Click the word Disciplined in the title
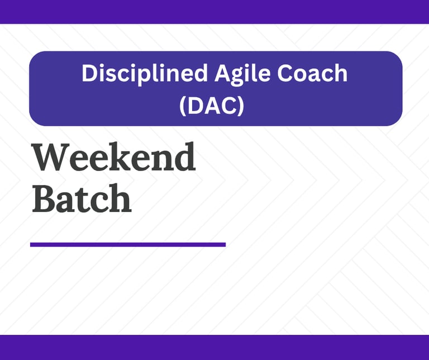coord(144,74)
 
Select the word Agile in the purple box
coord(242,74)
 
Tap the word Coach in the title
coord(312,73)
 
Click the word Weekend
coord(114,157)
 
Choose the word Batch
coord(82,198)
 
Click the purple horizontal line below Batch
coord(128,244)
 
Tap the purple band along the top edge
coord(214,12)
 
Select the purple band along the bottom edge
coord(214,347)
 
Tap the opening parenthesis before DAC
coord(183,106)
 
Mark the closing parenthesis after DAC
coord(241,106)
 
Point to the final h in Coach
coord(341,73)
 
